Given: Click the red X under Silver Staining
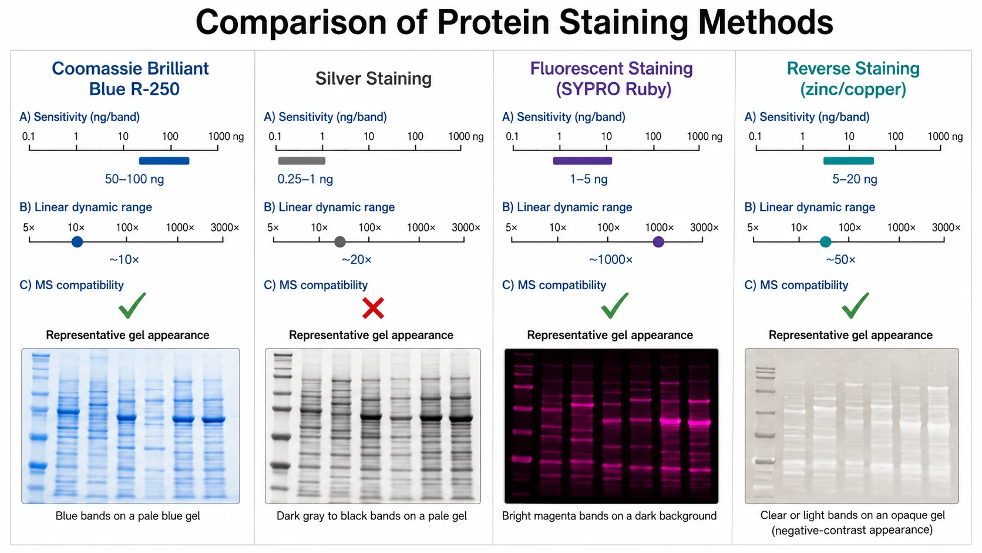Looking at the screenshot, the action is pyautogui.click(x=373, y=308).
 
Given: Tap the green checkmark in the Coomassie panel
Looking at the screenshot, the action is pyautogui.click(x=132, y=306).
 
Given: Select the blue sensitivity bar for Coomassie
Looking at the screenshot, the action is pyautogui.click(x=164, y=161).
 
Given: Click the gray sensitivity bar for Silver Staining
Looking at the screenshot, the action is pyautogui.click(x=302, y=161).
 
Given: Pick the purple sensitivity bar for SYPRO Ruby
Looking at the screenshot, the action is pyautogui.click(x=582, y=161).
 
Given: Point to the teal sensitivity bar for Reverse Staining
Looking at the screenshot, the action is pyautogui.click(x=848, y=161).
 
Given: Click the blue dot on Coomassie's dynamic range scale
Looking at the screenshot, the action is pyautogui.click(x=77, y=242).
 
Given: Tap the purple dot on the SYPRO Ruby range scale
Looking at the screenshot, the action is pyautogui.click(x=658, y=242).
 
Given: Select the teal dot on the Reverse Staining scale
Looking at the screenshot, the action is pyautogui.click(x=826, y=242).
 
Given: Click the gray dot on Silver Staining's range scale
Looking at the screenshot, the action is pyautogui.click(x=339, y=242).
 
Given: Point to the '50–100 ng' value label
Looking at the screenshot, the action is pyautogui.click(x=134, y=179).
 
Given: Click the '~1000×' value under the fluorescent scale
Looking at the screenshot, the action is pyautogui.click(x=611, y=260).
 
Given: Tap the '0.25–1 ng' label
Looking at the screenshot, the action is pyautogui.click(x=305, y=179).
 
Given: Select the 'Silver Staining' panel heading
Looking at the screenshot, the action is pyautogui.click(x=374, y=79).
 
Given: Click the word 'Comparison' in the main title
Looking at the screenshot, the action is pyautogui.click(x=291, y=22).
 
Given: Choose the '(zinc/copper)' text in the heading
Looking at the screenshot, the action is pyautogui.click(x=853, y=89).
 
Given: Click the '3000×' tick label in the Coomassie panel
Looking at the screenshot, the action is pyautogui.click(x=225, y=227).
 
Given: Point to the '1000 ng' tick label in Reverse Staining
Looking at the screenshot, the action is pyautogui.click(x=945, y=136).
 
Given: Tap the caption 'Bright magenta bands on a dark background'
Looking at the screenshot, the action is pyautogui.click(x=610, y=516).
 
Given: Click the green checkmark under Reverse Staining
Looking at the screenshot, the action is pyautogui.click(x=855, y=306).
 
